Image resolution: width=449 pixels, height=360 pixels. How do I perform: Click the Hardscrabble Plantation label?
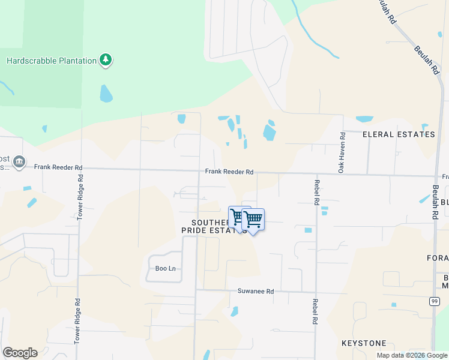[x=52, y=61]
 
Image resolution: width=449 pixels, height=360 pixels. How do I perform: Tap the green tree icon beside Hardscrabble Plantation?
[x=106, y=59]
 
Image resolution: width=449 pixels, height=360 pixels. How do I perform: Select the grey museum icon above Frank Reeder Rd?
[x=19, y=161]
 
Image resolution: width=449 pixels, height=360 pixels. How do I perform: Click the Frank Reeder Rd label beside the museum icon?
[x=58, y=167]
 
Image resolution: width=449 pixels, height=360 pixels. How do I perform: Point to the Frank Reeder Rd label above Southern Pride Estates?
[x=229, y=172]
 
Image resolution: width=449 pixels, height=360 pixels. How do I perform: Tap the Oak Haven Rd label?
[x=341, y=153]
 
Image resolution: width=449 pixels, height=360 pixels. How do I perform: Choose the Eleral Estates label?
[x=399, y=134]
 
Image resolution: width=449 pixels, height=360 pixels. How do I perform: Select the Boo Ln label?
[x=165, y=268]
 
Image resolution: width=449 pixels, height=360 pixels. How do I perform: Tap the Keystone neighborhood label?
[x=364, y=343]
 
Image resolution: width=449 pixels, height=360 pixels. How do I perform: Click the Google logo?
[x=20, y=353]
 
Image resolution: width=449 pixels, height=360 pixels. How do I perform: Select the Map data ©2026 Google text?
[x=412, y=355]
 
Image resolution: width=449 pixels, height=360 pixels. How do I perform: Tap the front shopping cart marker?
[x=253, y=220]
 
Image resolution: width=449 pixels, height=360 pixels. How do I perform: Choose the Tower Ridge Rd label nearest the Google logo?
[x=77, y=327]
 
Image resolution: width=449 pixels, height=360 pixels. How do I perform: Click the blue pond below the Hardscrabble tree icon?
[x=106, y=93]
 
